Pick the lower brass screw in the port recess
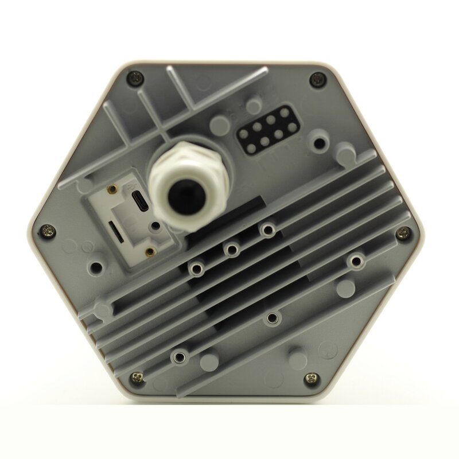150,251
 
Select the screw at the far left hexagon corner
46,231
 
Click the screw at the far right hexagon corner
406,232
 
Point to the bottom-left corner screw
137,376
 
